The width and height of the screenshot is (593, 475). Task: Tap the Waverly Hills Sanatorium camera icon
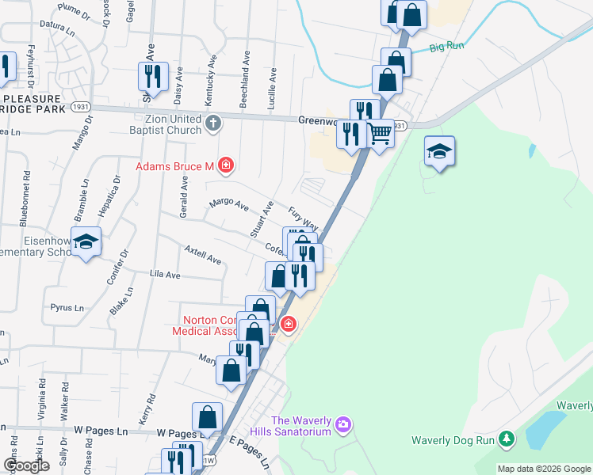342,425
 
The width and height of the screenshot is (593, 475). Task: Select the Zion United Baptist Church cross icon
213,123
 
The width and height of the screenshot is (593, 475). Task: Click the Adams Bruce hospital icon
227,165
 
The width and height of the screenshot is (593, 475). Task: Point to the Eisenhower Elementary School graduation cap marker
86,241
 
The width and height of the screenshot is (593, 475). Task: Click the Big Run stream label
446,47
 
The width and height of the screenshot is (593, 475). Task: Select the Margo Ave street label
228,205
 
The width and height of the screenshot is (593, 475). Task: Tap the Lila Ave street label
165,275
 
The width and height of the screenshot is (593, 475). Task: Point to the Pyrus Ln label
67,307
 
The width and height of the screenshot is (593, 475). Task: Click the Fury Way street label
303,218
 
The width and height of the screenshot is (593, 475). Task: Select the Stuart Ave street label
261,219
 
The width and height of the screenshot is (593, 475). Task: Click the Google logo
26,465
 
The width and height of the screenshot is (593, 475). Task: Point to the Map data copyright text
543,469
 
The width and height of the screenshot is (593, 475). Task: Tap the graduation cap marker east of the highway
439,151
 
